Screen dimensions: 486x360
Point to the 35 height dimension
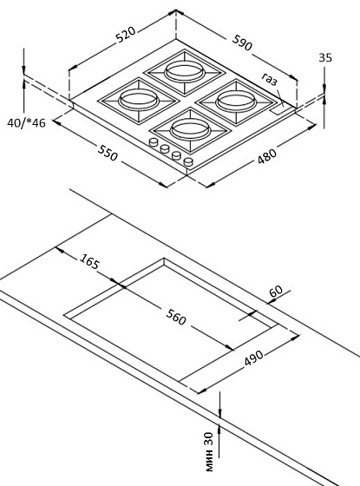click(325, 57)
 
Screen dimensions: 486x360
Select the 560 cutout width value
click(176, 318)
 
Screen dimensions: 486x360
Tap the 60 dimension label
click(277, 292)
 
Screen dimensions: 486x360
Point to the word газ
click(270, 80)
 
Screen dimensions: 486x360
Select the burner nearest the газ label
click(234, 99)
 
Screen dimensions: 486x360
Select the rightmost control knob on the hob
click(188, 161)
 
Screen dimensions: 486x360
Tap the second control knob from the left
click(166, 149)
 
